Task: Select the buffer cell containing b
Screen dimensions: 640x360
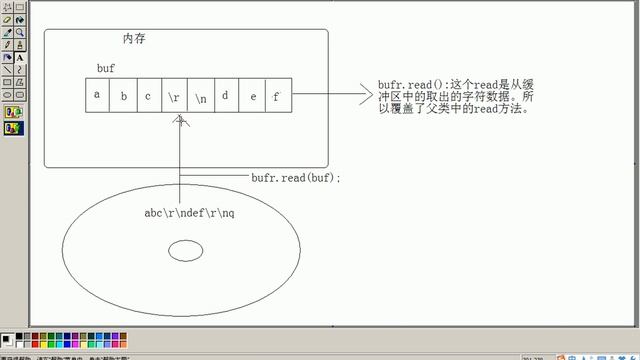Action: click(124, 96)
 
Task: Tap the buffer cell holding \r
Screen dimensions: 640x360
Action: click(174, 97)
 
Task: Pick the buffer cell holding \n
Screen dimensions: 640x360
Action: click(200, 97)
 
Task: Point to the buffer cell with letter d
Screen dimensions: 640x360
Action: click(226, 96)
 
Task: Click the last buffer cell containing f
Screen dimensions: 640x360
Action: click(277, 96)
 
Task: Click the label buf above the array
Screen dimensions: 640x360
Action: click(106, 67)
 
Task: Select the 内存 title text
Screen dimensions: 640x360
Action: click(136, 39)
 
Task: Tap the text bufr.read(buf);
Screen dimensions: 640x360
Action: click(296, 177)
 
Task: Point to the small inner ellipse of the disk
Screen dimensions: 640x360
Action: click(185, 250)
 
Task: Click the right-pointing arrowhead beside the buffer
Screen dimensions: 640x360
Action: click(364, 96)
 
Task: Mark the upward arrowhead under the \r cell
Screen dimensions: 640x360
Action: click(180, 121)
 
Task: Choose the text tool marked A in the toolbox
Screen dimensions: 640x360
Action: click(20, 57)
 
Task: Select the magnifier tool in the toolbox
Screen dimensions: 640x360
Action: click(20, 32)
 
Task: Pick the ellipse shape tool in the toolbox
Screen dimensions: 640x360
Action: click(7, 94)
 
